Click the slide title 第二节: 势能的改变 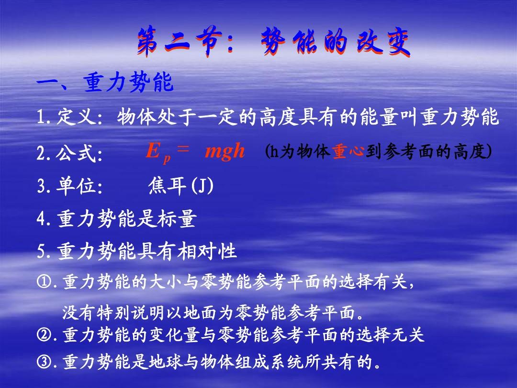(274, 42)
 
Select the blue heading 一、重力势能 (105, 82)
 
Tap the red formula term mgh (225, 151)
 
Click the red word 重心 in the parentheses (348, 151)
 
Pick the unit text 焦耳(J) (180, 186)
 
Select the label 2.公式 (69, 153)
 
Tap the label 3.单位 (69, 186)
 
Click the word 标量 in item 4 (177, 218)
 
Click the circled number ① (43, 282)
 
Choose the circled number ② (43, 335)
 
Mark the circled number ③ (43, 362)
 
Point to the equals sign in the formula (183, 148)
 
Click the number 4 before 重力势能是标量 (41, 219)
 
